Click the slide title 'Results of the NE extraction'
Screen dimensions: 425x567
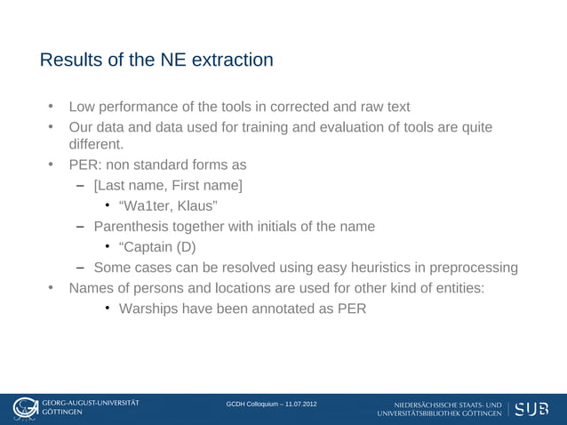point(156,60)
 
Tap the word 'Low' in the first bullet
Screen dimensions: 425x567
point(84,107)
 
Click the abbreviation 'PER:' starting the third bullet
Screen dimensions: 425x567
point(86,164)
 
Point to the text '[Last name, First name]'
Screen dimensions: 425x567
point(168,185)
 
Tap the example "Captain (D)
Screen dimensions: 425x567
point(157,246)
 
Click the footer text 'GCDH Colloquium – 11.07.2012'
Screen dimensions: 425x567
point(271,405)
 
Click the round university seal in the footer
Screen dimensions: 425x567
point(24,408)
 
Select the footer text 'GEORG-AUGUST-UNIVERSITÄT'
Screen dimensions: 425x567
point(91,403)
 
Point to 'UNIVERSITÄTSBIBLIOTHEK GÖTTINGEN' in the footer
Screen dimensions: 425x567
point(440,413)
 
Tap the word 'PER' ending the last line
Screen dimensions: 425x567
point(349,309)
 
